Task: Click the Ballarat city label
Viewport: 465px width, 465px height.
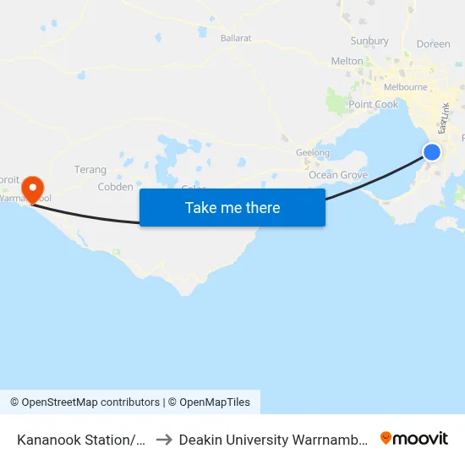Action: [x=236, y=38]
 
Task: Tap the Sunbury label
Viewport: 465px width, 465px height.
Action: [x=369, y=41]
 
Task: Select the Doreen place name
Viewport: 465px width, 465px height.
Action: [x=434, y=43]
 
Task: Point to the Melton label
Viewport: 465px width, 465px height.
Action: [x=347, y=61]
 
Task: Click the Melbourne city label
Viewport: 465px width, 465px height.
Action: [x=405, y=87]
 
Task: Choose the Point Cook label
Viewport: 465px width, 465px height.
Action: [x=374, y=105]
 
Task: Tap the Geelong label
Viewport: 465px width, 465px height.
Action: [x=313, y=153]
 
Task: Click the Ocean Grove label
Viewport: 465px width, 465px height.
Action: [x=338, y=175]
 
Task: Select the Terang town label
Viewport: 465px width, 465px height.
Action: [x=90, y=170]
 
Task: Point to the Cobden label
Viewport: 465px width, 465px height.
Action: [x=115, y=187]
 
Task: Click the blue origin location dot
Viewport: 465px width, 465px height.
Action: [x=431, y=152]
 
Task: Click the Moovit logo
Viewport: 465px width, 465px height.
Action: [x=414, y=439]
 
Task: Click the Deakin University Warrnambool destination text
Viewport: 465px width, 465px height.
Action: [x=273, y=440]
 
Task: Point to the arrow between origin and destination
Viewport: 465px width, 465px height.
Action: [x=164, y=440]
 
